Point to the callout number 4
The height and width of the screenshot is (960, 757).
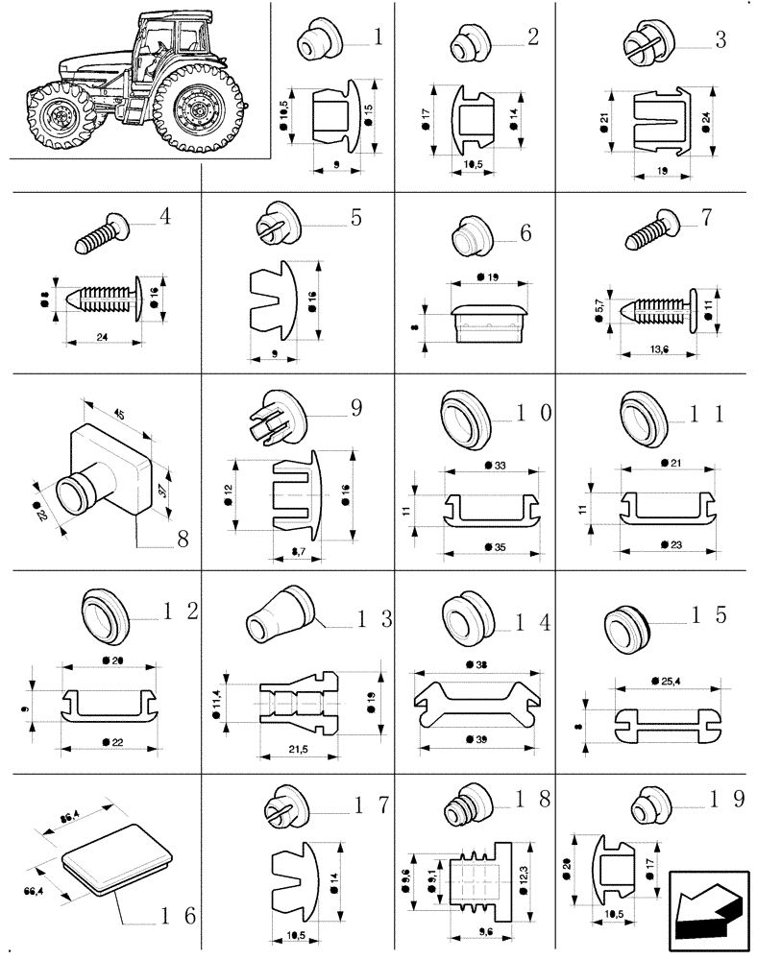(164, 217)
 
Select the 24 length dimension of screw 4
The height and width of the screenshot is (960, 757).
(102, 337)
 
